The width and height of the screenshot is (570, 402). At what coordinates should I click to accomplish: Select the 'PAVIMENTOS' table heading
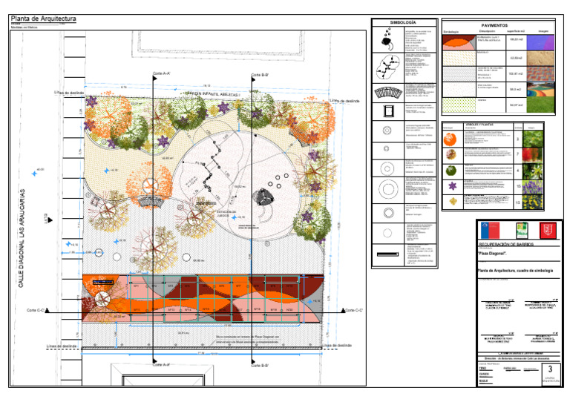coord(499,24)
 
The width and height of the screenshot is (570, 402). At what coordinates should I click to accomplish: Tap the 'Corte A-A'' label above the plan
coord(162,74)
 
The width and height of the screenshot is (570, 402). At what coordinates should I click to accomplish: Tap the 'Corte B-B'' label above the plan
coord(260,75)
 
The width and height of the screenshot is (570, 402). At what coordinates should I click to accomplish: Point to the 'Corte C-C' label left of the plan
coord(36,310)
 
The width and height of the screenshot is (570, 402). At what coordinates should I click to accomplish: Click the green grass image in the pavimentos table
coord(544,106)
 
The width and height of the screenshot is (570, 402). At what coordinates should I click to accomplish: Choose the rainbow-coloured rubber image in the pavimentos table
coord(544,90)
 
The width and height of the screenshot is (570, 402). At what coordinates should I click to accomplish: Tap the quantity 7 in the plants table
coord(517,154)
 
